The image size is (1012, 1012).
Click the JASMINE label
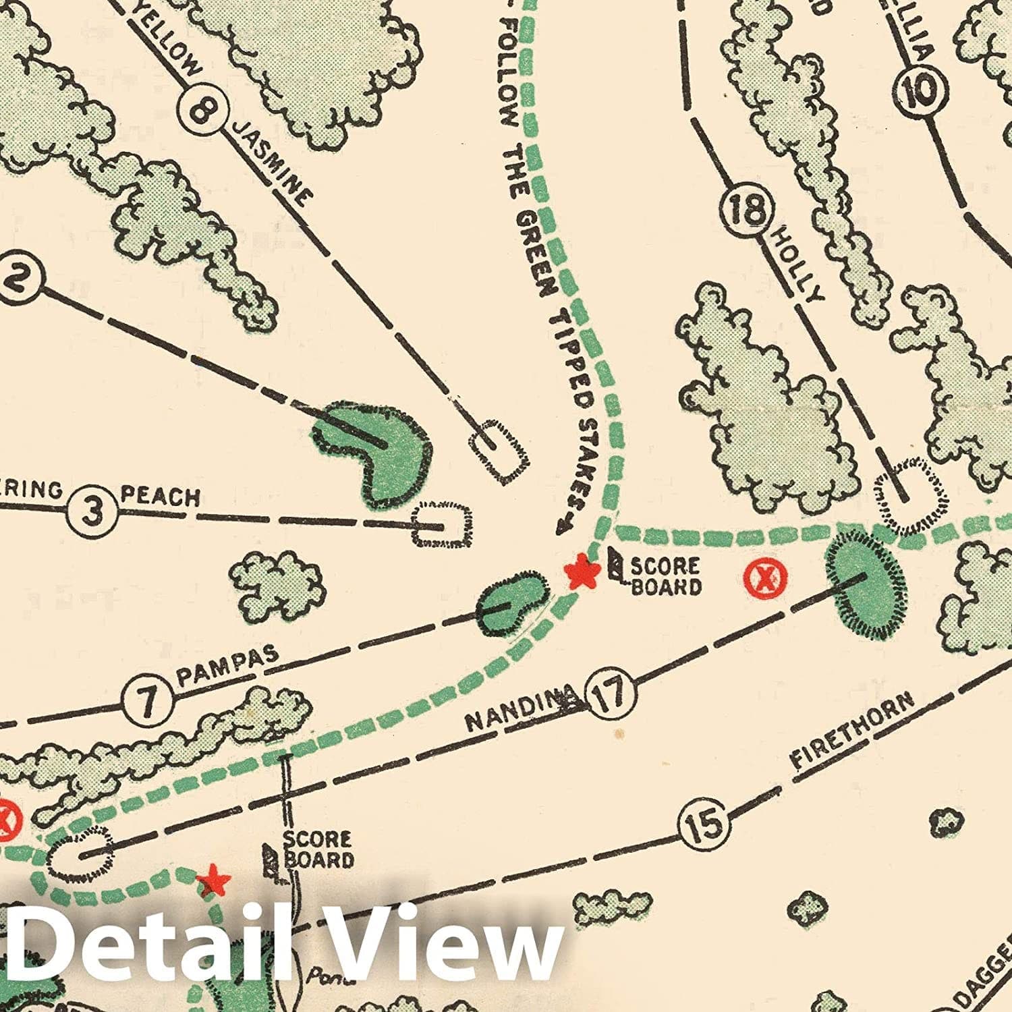[273, 163]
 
